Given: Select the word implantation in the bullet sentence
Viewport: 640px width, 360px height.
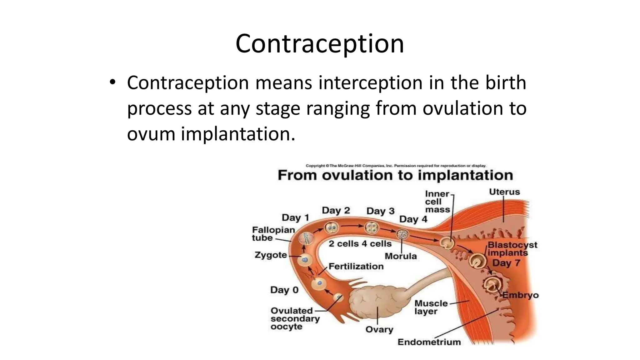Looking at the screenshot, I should (237, 134).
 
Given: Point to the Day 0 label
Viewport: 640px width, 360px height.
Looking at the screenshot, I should (284, 290).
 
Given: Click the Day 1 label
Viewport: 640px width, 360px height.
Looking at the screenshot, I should (295, 217).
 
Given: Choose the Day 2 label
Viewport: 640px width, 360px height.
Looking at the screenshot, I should (336, 210).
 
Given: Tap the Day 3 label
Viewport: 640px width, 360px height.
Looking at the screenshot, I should (380, 211).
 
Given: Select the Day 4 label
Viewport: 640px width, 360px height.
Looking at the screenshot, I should (413, 219).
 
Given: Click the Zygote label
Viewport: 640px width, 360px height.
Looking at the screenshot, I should (271, 255).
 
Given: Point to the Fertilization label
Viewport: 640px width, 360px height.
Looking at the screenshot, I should (356, 267).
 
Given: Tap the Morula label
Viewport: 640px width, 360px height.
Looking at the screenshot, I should (401, 256).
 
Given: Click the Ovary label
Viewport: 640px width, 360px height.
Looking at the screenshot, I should (379, 330).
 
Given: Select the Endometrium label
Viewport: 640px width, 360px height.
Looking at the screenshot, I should (429, 342).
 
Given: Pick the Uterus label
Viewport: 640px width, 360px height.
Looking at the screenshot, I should (504, 192).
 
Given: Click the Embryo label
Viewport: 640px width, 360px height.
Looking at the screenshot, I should (520, 295).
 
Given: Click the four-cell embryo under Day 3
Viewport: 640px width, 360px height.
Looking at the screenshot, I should (372, 228).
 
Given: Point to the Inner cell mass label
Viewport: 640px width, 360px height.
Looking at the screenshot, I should (437, 202).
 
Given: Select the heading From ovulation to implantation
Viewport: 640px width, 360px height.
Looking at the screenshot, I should (395, 175).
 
